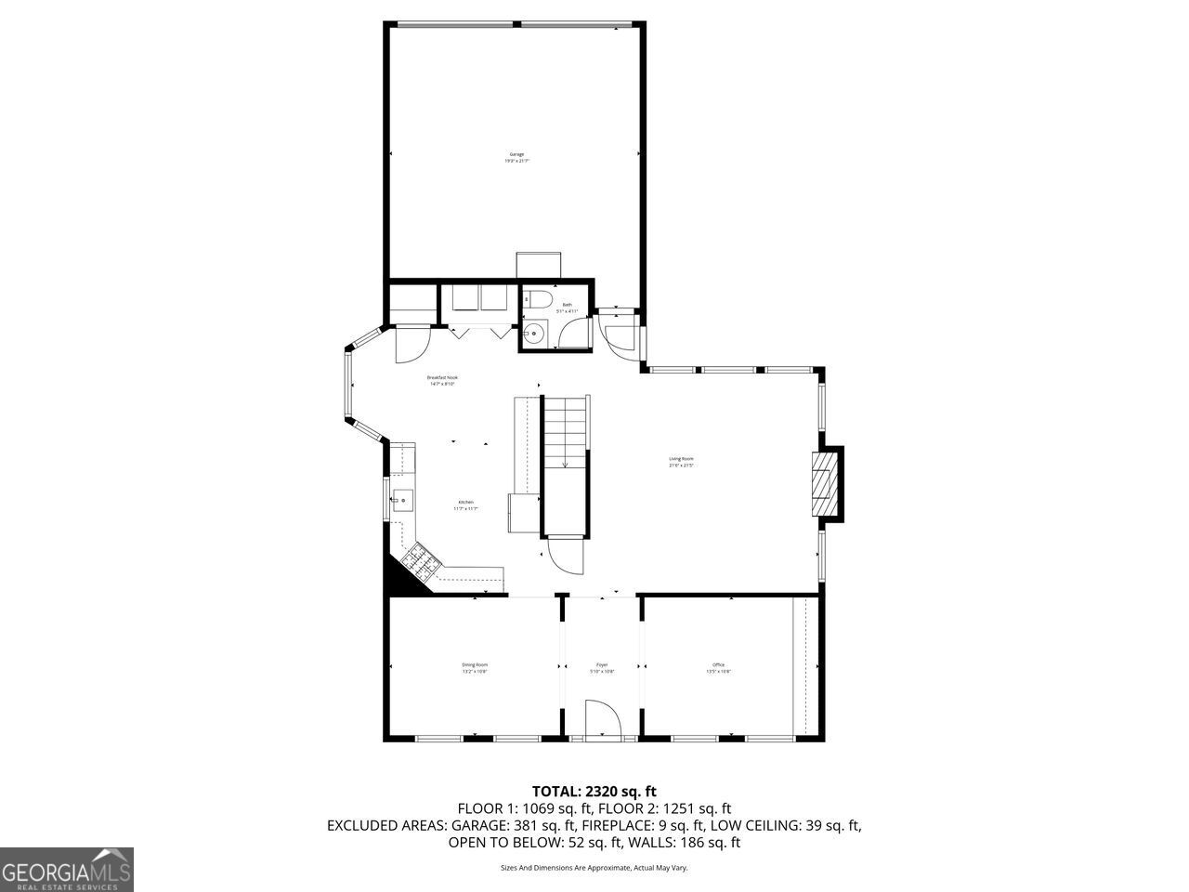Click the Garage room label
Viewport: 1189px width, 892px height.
click(516, 157)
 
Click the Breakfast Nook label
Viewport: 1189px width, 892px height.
click(442, 380)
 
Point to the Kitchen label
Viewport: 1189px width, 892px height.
click(465, 505)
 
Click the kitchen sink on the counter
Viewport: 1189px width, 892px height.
click(401, 501)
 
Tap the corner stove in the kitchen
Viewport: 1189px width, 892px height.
click(419, 560)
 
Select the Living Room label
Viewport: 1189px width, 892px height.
click(681, 461)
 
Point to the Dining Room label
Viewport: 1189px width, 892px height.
click(475, 667)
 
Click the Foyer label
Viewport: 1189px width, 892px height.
click(602, 667)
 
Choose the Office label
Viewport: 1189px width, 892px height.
click(718, 667)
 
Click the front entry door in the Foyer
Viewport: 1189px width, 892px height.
click(602, 720)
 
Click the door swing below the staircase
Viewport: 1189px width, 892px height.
click(565, 557)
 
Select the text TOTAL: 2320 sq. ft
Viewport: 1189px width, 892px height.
click(594, 792)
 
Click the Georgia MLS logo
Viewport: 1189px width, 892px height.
click(67, 870)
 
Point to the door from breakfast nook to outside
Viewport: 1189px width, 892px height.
click(410, 345)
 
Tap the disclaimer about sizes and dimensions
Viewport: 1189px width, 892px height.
click(594, 868)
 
